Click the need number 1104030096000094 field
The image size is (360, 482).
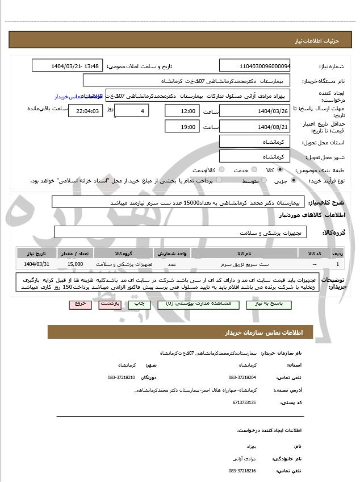pyautogui.click(x=254, y=66)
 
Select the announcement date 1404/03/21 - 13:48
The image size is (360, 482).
pyautogui.click(x=67, y=66)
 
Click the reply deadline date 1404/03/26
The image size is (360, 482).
pyautogui.click(x=254, y=110)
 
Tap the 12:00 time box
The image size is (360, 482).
pyautogui.click(x=183, y=110)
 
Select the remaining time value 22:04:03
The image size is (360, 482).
pyautogui.click(x=85, y=111)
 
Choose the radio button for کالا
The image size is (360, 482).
pyautogui.click(x=279, y=170)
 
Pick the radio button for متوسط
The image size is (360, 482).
pyautogui.click(x=263, y=181)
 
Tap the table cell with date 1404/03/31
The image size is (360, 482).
pyautogui.click(x=37, y=264)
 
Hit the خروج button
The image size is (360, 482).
pyautogui.click(x=80, y=304)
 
